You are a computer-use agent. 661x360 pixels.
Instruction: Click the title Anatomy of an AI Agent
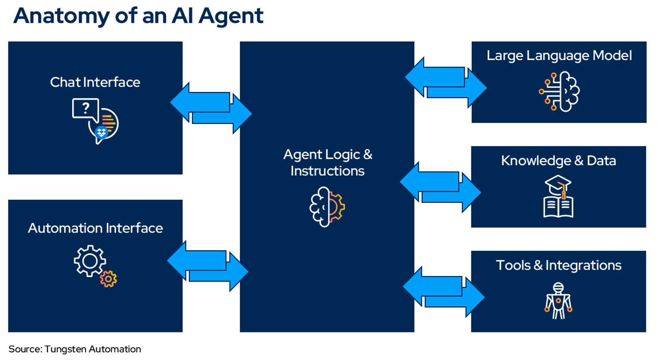tap(138, 16)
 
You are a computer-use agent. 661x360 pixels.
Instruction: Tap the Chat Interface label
tap(95, 82)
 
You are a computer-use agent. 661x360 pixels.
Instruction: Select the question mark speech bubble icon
tap(86, 109)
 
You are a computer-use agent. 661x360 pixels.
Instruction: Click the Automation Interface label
tap(95, 228)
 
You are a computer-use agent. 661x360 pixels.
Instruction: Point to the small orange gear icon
tap(109, 279)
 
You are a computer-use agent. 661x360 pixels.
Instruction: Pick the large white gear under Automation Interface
tap(90, 261)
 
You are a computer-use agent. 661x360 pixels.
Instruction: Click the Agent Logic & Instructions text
tap(327, 163)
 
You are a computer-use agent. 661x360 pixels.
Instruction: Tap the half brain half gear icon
tap(327, 207)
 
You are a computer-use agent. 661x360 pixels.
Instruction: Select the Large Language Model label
tap(559, 56)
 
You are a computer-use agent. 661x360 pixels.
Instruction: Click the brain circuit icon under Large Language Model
tap(559, 92)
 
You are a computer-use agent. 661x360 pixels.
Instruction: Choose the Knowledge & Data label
tap(558, 160)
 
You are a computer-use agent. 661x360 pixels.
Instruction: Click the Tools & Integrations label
tap(558, 265)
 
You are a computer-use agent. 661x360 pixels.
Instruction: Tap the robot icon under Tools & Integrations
tap(558, 301)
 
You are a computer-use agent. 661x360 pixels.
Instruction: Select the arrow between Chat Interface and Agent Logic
tap(211, 108)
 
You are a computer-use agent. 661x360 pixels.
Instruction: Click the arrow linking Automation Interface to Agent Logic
tap(208, 266)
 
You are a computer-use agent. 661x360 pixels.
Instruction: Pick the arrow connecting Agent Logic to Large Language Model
tap(446, 82)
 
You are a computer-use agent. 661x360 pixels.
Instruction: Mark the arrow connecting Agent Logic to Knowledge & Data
tap(440, 187)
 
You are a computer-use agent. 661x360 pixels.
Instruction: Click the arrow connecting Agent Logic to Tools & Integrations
tap(443, 291)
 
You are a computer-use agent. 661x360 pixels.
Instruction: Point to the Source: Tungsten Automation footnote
tap(75, 349)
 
